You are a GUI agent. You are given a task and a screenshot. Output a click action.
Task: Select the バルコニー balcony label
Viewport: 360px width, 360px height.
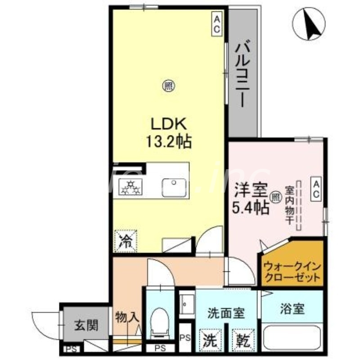(243, 74)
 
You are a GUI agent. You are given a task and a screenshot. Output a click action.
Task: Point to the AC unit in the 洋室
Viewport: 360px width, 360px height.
(316, 189)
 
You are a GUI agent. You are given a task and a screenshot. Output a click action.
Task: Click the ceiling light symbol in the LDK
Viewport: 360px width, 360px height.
(167, 85)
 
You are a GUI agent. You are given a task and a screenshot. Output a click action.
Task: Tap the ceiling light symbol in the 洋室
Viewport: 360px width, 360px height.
(275, 196)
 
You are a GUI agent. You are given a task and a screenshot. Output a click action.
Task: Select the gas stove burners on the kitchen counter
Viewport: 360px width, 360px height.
(130, 186)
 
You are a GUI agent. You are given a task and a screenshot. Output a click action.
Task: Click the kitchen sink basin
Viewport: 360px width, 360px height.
(173, 186)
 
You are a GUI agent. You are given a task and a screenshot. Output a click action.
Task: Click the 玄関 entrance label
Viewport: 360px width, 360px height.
(85, 324)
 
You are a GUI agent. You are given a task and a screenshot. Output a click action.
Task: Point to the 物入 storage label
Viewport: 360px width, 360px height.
(126, 318)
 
